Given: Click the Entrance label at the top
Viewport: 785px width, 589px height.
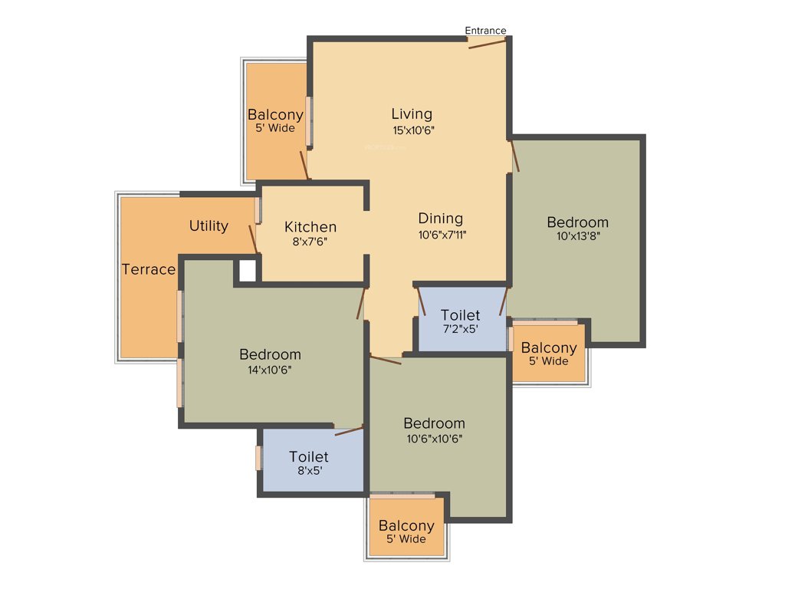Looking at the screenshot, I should click(485, 31).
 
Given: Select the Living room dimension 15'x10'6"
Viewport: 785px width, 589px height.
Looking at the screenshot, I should click(413, 130).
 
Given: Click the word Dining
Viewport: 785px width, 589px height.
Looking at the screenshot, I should click(440, 219).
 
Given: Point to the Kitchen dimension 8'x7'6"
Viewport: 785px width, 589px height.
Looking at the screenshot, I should click(310, 242).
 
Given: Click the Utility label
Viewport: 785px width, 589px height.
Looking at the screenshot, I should click(209, 225).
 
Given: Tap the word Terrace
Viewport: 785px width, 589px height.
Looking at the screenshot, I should click(149, 269).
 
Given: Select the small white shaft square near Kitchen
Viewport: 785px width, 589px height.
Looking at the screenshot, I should click(247, 271).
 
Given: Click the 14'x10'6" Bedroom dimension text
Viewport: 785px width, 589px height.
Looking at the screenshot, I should click(270, 369).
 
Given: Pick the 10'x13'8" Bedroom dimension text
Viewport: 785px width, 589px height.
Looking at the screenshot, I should click(577, 236).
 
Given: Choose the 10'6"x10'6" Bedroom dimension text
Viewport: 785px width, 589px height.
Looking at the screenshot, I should click(434, 439).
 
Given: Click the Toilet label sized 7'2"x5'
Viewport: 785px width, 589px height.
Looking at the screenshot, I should click(461, 315).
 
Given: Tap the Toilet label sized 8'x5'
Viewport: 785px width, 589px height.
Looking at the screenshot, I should click(309, 457).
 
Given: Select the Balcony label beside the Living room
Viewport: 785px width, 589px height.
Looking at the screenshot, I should click(275, 115).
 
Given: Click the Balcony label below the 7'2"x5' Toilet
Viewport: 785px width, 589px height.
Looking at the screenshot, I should click(549, 348).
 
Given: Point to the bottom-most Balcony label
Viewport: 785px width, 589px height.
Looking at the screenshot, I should click(406, 526).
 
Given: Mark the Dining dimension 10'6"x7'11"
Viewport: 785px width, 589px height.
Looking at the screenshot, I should click(442, 235).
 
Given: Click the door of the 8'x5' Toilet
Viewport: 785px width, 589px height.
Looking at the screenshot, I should click(349, 431).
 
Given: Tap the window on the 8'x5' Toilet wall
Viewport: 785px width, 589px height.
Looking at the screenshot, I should click(259, 458).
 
